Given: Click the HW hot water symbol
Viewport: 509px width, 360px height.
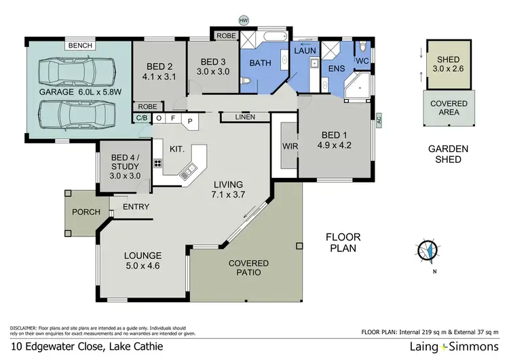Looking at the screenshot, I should tap(244, 21).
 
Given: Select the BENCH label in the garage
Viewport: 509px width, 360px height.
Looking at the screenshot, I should tap(79, 46).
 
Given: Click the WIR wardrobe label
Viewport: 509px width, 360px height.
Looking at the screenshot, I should tap(285, 146).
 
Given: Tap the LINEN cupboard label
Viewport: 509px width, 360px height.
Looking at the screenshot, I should tap(245, 118).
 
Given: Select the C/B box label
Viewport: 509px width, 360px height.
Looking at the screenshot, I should tap(142, 118).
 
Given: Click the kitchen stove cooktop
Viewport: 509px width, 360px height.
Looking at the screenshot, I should tap(158, 163).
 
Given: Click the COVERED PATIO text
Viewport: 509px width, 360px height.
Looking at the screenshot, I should tap(248, 268).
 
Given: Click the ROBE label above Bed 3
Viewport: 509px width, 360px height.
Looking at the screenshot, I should tap(225, 36).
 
